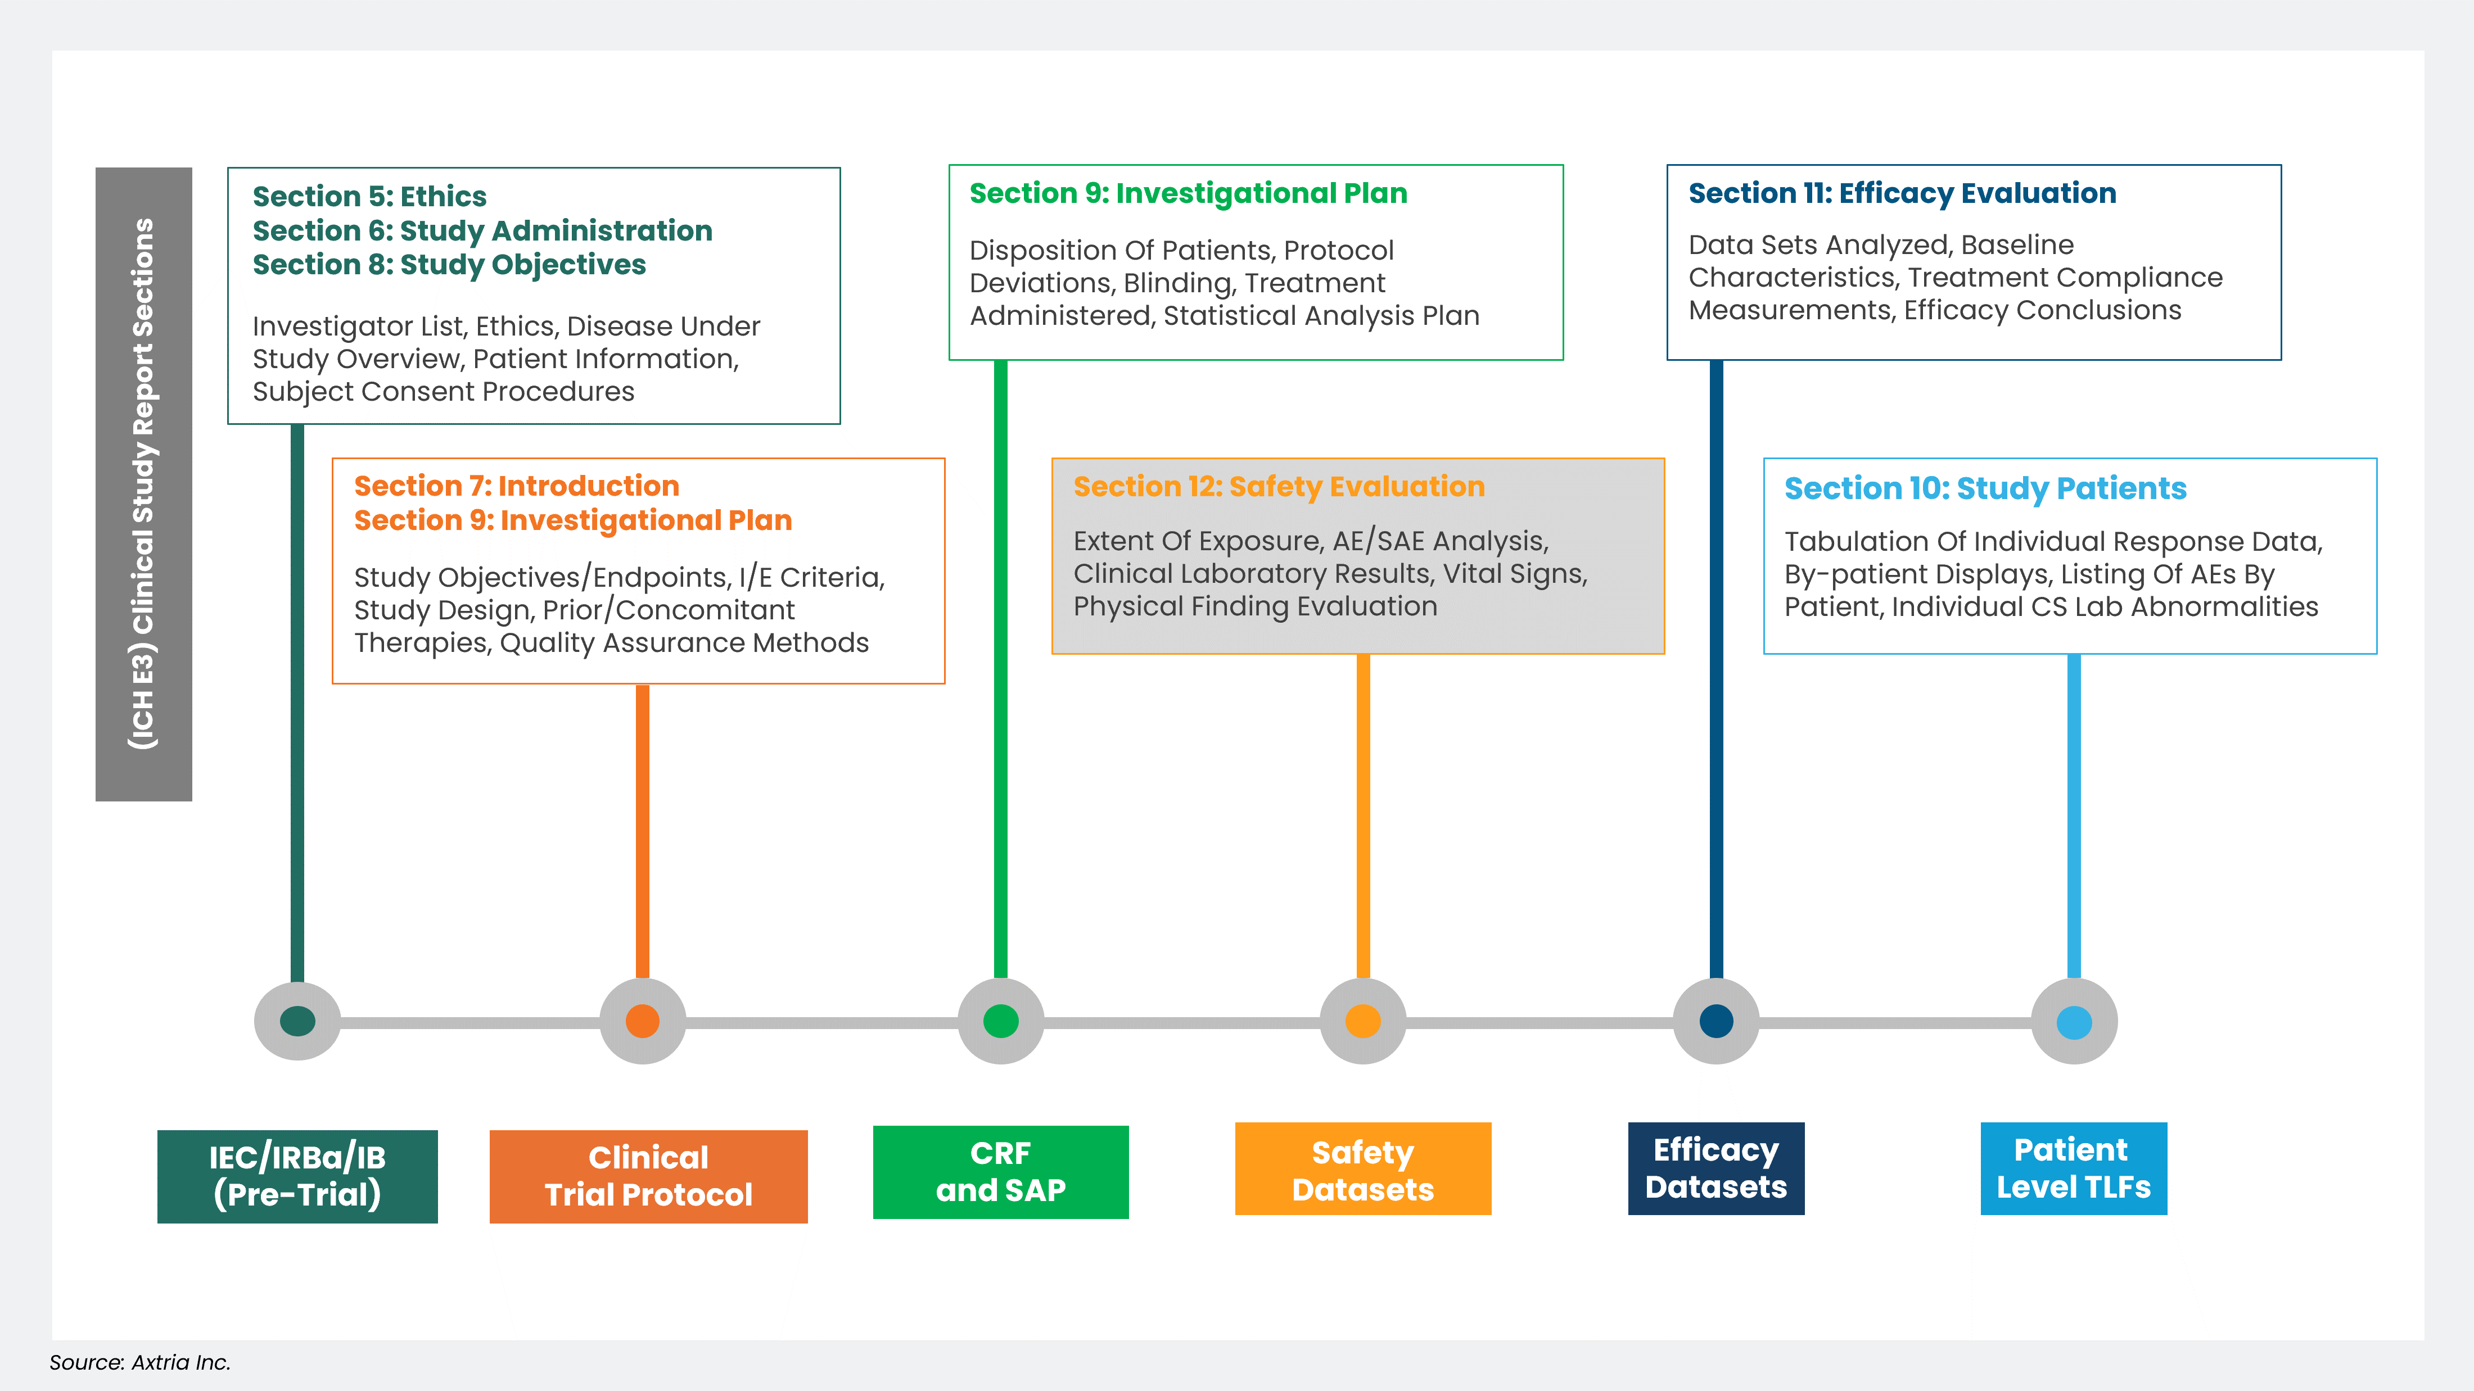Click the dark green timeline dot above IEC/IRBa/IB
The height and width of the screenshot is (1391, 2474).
point(298,1021)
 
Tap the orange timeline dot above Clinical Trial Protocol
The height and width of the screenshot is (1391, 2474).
point(643,1021)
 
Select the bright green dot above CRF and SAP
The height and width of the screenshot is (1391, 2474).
point(1001,1021)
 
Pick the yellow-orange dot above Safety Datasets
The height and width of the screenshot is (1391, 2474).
point(1363,1021)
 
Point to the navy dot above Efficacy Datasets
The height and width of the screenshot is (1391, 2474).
point(1716,1021)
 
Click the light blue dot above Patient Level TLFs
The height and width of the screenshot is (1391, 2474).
point(2074,1021)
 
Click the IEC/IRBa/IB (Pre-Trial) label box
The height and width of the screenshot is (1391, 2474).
point(298,1176)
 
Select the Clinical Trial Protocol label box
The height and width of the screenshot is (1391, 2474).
point(648,1176)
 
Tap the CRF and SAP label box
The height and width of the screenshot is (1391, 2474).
point(1001,1171)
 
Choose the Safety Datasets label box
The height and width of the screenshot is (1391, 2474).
point(1363,1169)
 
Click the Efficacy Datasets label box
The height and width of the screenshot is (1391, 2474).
point(1716,1168)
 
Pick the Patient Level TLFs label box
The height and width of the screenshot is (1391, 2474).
point(2074,1168)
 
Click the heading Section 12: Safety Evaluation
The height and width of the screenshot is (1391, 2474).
point(1278,487)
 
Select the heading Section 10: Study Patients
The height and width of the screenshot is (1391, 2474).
point(1985,488)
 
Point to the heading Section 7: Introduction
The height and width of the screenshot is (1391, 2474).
point(517,486)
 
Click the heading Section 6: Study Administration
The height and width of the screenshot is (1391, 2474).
point(482,230)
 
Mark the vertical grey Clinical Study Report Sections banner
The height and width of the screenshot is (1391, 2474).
point(144,484)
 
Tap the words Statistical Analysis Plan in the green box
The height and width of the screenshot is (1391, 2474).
point(1321,316)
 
